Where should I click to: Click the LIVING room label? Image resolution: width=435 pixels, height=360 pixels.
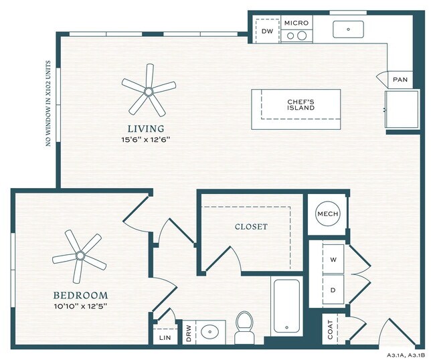(147, 128)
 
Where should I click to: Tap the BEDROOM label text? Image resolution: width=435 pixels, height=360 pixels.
(80, 295)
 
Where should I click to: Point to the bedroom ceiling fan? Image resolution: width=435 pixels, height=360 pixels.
(80, 255)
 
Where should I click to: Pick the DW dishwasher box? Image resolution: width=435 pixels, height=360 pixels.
(267, 31)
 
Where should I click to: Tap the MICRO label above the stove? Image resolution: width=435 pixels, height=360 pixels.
(296, 23)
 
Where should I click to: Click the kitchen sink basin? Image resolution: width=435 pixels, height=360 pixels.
(349, 29)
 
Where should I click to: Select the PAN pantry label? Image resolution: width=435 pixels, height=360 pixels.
(400, 80)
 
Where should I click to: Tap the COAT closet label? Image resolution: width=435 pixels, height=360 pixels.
(330, 330)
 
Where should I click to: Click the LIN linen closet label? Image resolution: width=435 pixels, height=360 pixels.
(165, 338)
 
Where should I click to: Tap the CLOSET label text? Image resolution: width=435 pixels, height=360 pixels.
(251, 227)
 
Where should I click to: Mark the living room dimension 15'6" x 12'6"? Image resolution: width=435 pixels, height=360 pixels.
(147, 140)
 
